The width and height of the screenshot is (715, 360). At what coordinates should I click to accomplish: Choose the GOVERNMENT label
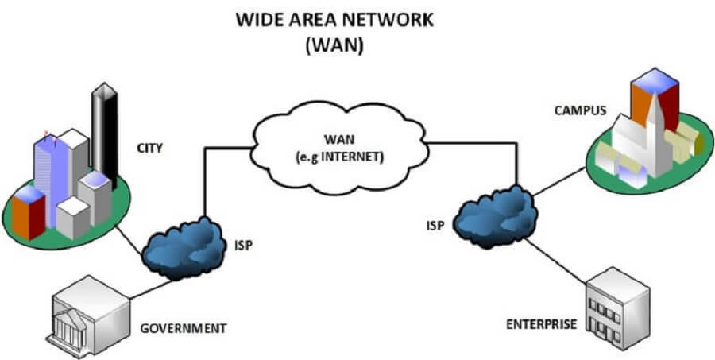pos(183,327)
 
